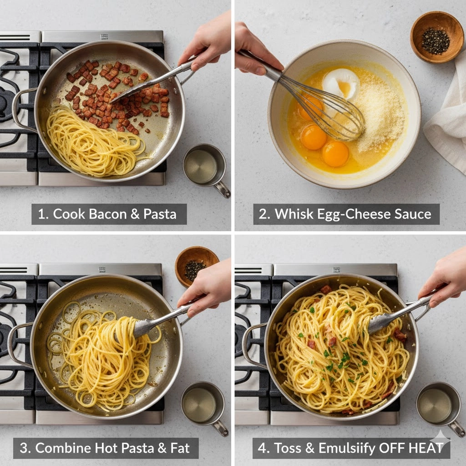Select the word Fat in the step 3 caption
pos(180,448)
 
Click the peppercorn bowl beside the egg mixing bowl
pos(436,37)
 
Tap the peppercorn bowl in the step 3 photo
pos(197,266)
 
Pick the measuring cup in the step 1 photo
pos(205,166)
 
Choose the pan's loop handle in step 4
pos(253,346)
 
